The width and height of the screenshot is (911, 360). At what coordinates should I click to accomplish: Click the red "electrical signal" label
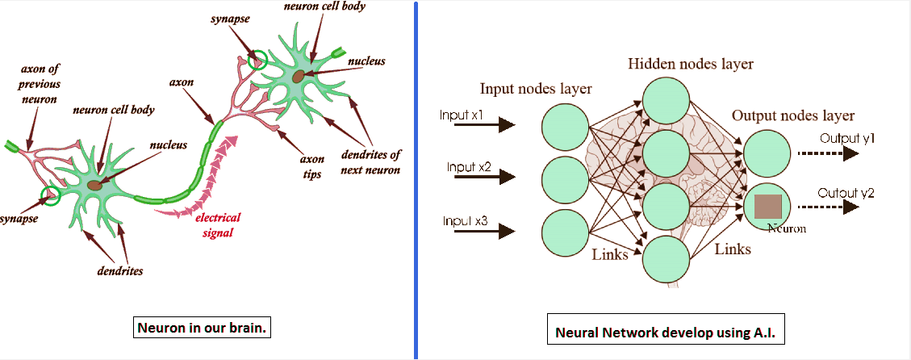click(219, 225)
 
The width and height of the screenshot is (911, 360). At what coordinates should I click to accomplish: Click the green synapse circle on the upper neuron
click(257, 59)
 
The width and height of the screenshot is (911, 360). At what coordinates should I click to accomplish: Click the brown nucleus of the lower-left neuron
click(96, 185)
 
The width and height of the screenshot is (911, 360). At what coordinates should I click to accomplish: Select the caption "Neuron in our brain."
click(199, 329)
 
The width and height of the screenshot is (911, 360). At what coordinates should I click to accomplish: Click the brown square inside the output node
click(767, 207)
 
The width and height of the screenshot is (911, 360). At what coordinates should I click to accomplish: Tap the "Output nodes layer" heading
click(793, 115)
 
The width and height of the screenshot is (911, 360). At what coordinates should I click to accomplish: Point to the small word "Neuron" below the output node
click(787, 228)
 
